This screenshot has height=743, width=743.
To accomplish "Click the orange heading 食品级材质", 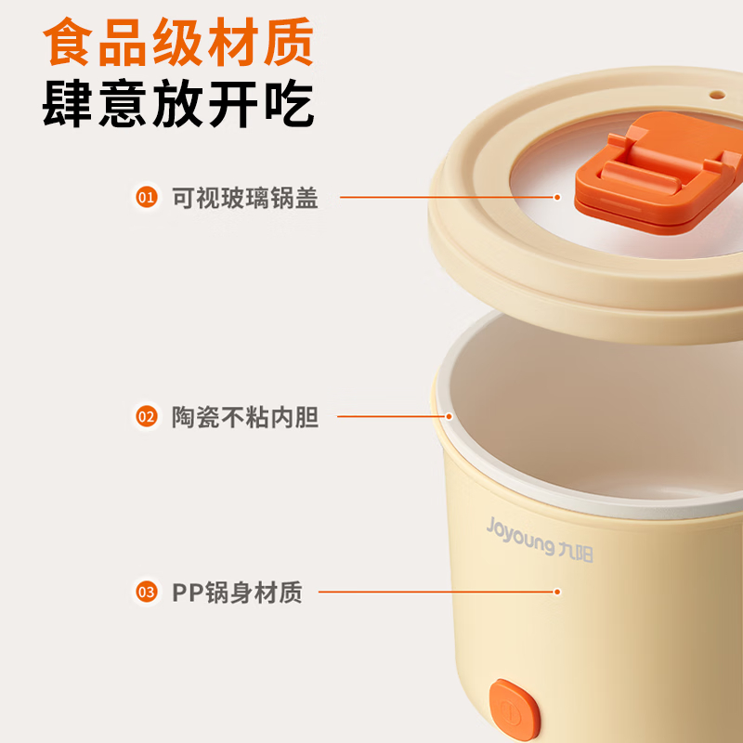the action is [178, 42].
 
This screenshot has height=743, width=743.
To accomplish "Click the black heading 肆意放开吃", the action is [178, 104].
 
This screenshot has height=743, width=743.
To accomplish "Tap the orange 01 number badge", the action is [147, 197].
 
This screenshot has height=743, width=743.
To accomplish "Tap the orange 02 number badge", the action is [147, 416].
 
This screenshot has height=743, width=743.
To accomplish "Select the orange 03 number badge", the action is [147, 592].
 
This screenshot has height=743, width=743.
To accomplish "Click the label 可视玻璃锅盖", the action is [244, 198].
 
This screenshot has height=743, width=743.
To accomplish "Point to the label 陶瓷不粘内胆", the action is [244, 417].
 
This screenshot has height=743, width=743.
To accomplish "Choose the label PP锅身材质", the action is [237, 593].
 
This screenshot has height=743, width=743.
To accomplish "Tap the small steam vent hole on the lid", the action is [717, 95].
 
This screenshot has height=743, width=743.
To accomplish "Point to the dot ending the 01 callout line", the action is [557, 197].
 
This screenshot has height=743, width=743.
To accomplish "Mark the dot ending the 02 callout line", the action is [449, 416].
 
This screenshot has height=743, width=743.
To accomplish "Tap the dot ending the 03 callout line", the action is [557, 592].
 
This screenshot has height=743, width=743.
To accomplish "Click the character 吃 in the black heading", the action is [289, 104].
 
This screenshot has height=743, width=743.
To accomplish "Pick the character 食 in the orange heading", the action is [67, 42].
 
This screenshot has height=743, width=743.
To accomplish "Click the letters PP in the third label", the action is [188, 593].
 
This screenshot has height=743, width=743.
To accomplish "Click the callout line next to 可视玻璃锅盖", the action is [447, 197].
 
